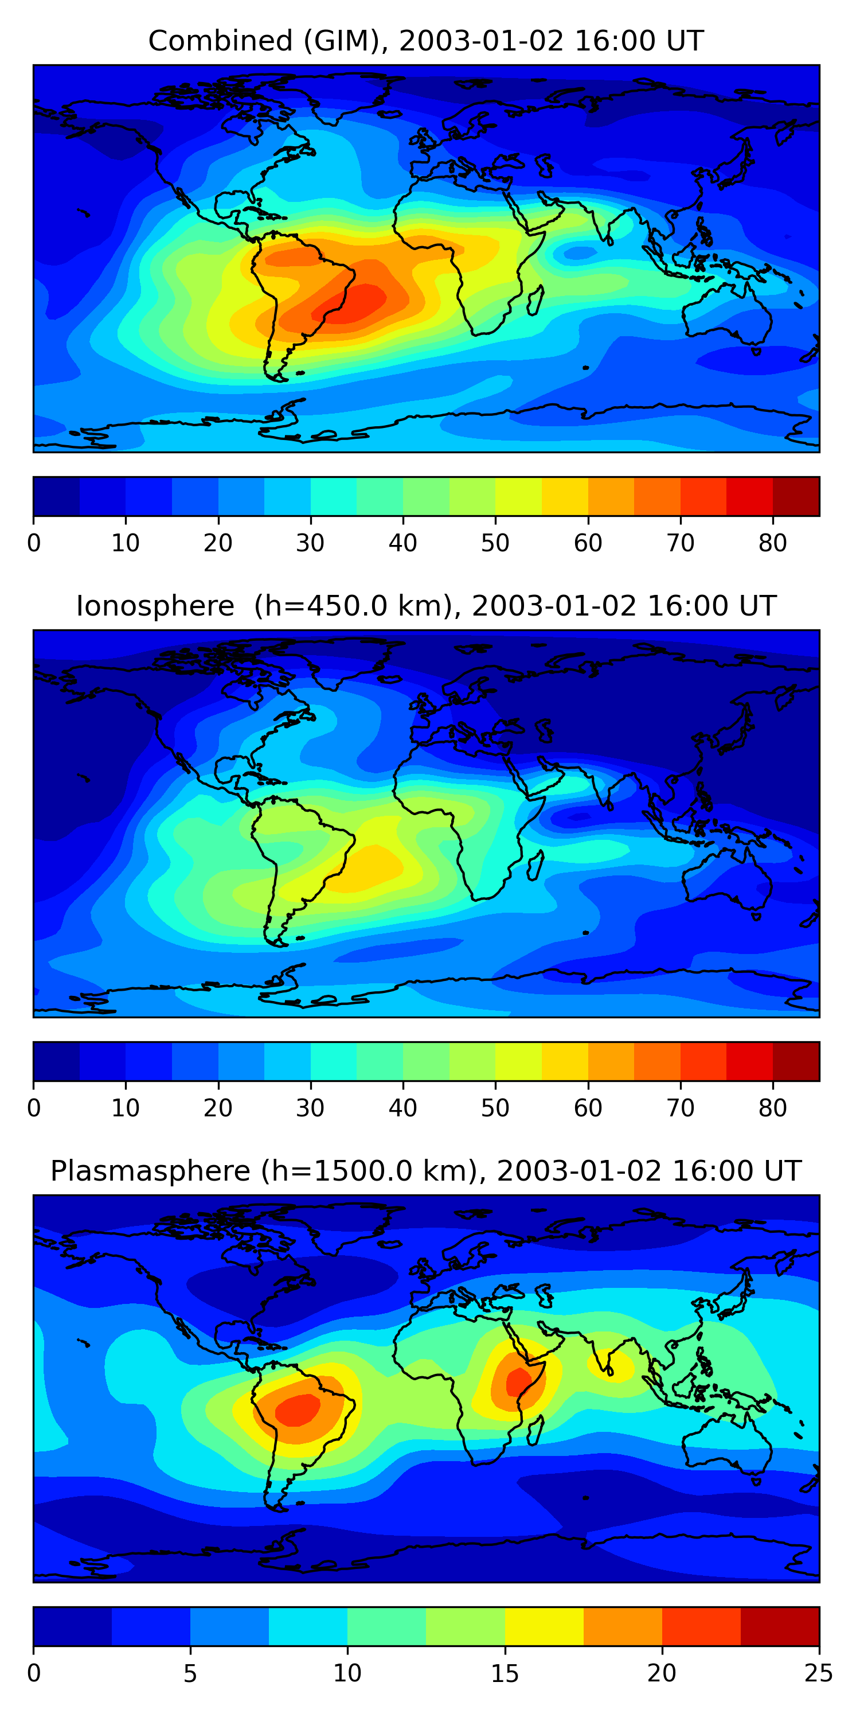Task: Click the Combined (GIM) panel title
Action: pyautogui.click(x=426, y=41)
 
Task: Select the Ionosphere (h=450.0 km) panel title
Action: pyautogui.click(x=426, y=606)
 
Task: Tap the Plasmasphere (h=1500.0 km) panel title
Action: pyautogui.click(x=426, y=1171)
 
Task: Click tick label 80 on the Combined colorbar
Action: pyautogui.click(x=772, y=543)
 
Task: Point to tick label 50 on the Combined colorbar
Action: pyautogui.click(x=495, y=543)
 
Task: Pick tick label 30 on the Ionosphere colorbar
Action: pyautogui.click(x=310, y=1108)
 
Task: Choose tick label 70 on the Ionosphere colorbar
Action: pyautogui.click(x=681, y=1108)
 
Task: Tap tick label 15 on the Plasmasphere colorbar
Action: pyautogui.click(x=505, y=1673)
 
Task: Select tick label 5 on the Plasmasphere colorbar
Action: pyautogui.click(x=190, y=1673)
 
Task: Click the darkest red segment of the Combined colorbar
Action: pyautogui.click(x=796, y=496)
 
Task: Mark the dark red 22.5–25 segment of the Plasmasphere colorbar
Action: pyautogui.click(x=779, y=1626)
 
